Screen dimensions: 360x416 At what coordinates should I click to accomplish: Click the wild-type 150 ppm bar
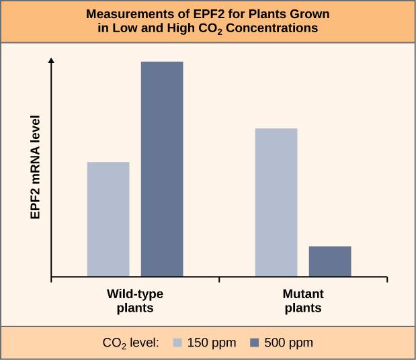108,219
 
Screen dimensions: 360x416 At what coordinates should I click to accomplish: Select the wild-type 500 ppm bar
161,169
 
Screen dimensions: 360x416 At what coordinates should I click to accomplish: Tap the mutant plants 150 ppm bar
276,202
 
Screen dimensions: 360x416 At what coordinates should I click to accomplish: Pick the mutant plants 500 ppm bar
329,261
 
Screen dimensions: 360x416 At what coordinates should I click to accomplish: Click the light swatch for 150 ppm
178,343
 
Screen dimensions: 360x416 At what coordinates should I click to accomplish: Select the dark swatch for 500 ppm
255,343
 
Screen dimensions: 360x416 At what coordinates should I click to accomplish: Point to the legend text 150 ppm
211,343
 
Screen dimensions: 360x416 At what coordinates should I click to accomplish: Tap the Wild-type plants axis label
135,301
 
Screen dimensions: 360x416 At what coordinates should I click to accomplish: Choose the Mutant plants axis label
303,301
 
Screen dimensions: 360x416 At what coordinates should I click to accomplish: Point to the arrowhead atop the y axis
52,60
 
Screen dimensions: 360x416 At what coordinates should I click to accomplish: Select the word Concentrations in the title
272,29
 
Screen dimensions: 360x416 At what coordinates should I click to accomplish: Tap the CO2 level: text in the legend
130,343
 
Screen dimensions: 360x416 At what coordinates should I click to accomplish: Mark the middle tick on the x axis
219,280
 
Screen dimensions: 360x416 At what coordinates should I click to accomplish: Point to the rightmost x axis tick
387,280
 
